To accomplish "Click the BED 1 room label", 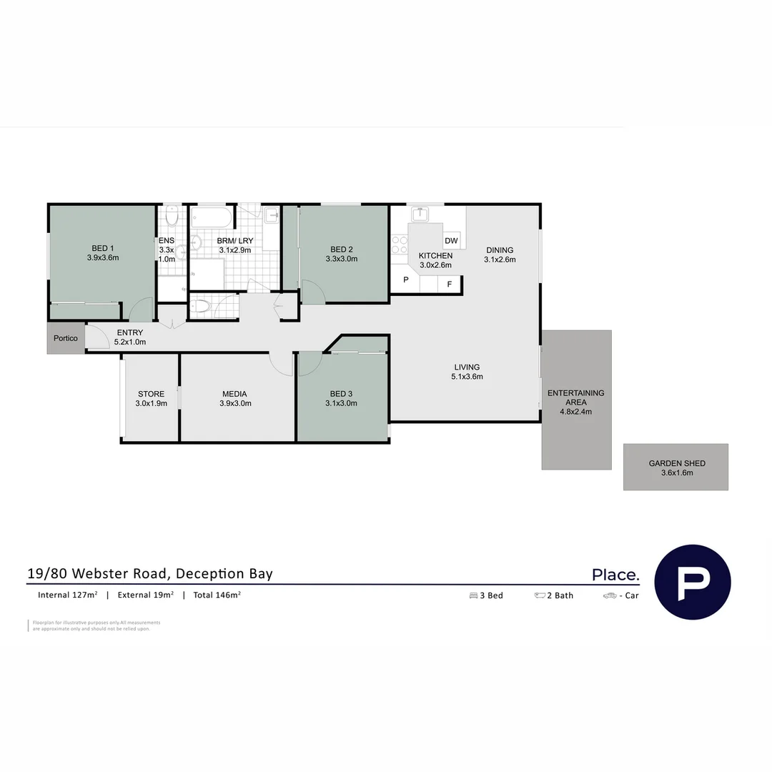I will (103, 249).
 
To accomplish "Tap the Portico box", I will (66, 338).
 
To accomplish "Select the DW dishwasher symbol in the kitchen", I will (451, 241).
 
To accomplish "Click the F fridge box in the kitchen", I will (449, 284).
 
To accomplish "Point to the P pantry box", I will (405, 280).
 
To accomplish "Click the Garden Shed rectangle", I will (675, 467).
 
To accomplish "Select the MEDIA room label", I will (234, 394).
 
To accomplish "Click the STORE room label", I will (151, 394).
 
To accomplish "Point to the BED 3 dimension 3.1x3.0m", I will (341, 403).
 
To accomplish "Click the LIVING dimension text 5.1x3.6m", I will (467, 377).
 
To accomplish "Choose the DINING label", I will (500, 250).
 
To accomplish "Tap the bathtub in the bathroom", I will (212, 217).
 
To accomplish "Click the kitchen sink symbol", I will (420, 214).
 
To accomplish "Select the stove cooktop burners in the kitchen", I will (399, 245).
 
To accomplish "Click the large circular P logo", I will (693, 581).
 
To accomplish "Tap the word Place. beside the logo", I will (615, 575).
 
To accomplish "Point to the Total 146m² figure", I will (217, 595).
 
